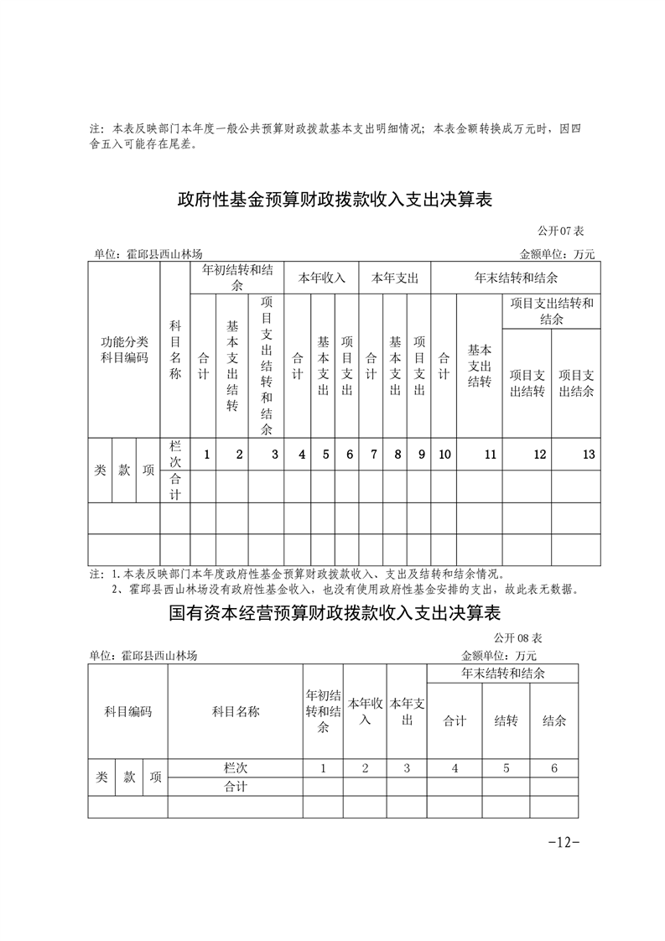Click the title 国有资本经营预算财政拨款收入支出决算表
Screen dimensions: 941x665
tap(333, 613)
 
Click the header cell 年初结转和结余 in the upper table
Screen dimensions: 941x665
tap(237, 278)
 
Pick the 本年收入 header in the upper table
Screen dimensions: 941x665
tap(323, 278)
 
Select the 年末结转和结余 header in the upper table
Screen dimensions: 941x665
tap(516, 278)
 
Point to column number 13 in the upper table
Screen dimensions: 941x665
tap(589, 455)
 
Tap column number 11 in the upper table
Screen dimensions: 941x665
tap(491, 455)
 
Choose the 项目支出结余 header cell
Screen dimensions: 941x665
tap(576, 382)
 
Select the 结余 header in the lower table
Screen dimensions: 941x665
tap(554, 720)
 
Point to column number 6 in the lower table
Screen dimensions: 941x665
tap(554, 767)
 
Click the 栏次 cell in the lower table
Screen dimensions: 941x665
tap(236, 767)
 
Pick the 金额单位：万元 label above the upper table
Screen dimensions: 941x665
tap(557, 254)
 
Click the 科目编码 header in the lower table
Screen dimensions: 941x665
tap(127, 711)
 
